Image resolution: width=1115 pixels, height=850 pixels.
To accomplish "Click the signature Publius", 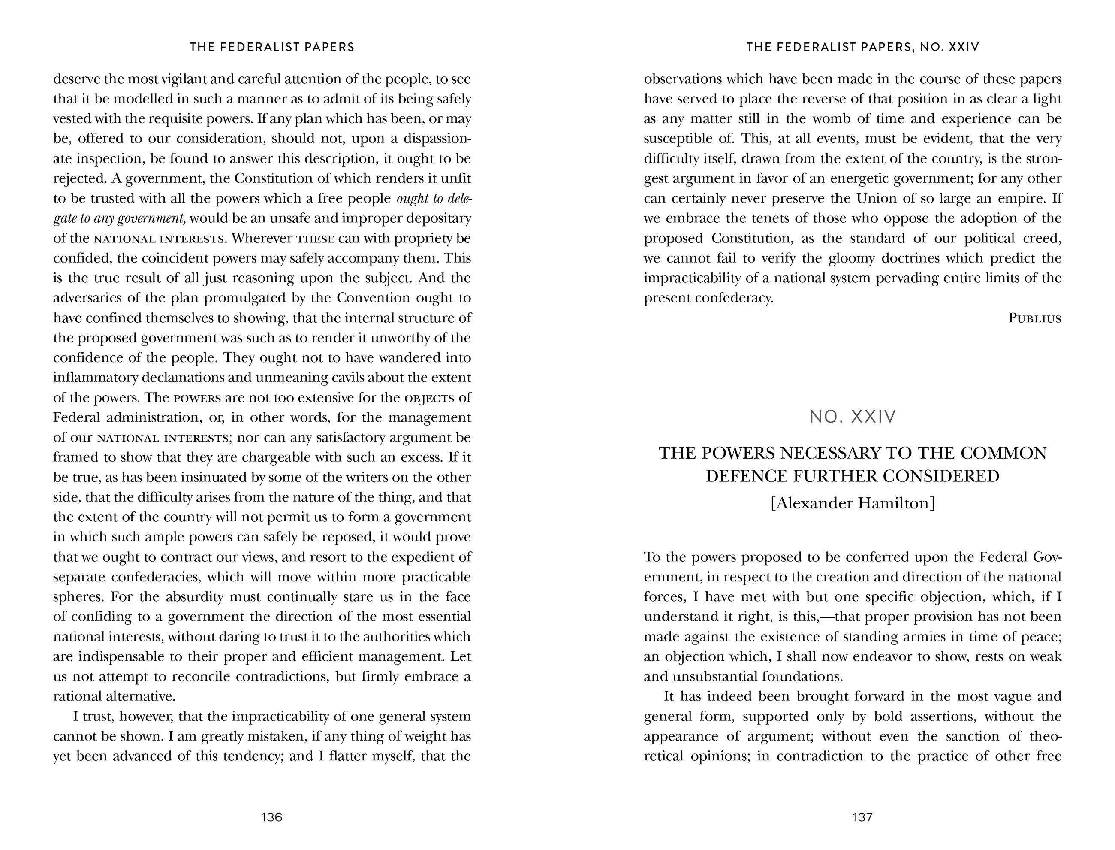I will (1035, 318).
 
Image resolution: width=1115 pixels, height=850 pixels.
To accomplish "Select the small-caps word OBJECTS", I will (429, 398).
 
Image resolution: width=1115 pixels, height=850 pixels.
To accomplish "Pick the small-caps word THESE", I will (316, 239).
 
